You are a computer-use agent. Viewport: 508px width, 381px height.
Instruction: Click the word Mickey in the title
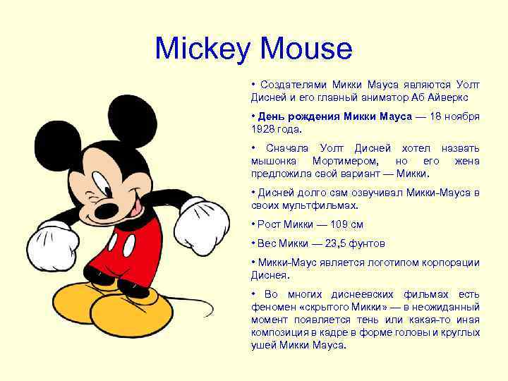point(202,49)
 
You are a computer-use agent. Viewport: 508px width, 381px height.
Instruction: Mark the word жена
point(466,161)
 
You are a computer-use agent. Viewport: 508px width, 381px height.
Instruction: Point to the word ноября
point(462,116)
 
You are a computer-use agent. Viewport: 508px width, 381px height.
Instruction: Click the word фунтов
point(363,243)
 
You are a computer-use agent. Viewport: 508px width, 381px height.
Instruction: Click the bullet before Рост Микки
point(253,224)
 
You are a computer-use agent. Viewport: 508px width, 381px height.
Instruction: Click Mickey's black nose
point(108,210)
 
